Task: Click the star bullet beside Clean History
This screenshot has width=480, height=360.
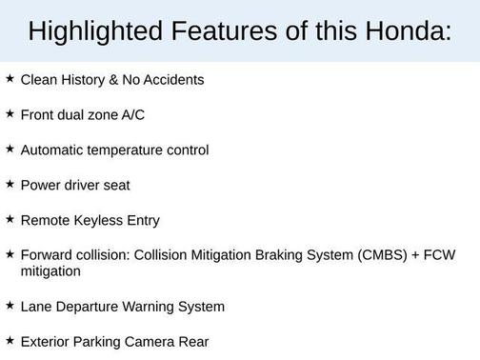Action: point(10,79)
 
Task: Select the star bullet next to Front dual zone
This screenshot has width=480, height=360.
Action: point(10,114)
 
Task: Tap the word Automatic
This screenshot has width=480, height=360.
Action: point(52,150)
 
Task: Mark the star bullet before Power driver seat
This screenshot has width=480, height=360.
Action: point(10,184)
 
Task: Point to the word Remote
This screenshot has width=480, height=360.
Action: point(44,221)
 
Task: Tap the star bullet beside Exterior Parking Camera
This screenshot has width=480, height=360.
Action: point(10,340)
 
